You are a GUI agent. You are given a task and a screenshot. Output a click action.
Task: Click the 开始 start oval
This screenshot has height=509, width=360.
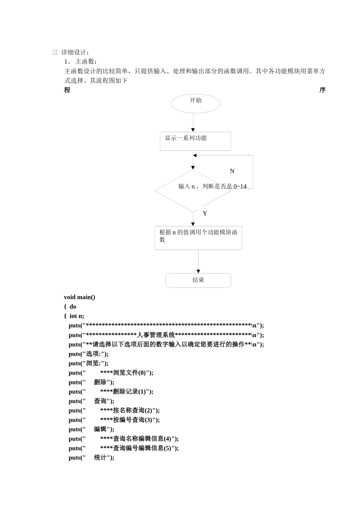coord(195,103)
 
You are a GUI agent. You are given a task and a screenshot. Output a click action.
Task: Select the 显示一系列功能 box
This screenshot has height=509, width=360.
coord(195,141)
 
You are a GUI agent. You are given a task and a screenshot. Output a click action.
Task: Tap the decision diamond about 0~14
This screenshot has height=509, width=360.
coord(193,191)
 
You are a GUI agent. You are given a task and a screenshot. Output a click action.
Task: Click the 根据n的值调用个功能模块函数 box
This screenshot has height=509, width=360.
coord(198,238)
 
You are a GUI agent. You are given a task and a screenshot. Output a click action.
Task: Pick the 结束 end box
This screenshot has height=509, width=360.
coord(198,280)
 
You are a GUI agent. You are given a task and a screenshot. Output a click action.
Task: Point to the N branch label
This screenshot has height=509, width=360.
coord(232,171)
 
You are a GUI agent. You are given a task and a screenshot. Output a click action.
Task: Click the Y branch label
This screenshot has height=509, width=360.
coord(205,214)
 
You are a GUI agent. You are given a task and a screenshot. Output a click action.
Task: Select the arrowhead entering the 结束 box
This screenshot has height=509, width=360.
coord(198,271)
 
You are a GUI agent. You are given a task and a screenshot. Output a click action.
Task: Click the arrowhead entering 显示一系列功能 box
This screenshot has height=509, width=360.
coord(193,130)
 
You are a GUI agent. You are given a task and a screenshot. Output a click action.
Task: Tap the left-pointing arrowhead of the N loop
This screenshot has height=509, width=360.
coord(195,155)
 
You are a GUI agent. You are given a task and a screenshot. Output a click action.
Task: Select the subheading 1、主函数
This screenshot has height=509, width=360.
coord(81,62)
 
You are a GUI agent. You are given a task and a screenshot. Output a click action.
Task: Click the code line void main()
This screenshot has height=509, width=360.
coord(80,297)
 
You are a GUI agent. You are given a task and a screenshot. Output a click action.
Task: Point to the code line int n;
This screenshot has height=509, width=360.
coord(77,316)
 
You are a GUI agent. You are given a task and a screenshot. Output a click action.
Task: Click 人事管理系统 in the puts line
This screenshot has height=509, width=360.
coord(156,335)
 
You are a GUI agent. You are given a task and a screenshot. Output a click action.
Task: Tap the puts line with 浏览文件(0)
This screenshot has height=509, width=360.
coord(111,373)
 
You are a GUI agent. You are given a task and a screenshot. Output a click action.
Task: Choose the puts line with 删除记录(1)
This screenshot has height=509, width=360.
coord(111,392)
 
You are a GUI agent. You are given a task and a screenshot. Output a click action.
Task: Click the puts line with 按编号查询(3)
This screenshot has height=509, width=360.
coord(114,420)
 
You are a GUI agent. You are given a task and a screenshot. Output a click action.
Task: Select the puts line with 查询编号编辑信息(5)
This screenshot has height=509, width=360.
coord(124,448)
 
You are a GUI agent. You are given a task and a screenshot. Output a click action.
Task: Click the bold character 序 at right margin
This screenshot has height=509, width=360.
coord(322,90)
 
